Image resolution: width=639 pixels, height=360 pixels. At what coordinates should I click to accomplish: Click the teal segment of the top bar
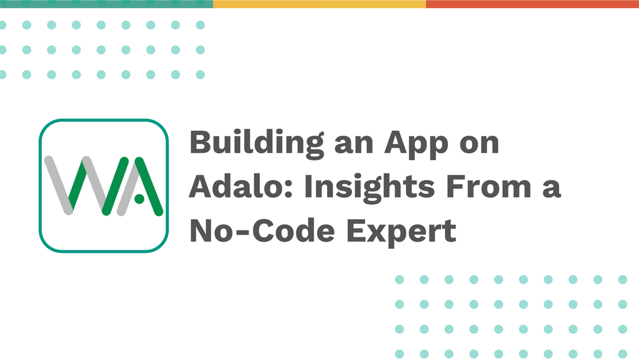click(106, 4)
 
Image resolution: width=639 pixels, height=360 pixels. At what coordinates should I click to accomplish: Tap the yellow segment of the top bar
click(319, 4)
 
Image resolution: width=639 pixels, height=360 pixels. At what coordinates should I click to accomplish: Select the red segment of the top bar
click(532, 4)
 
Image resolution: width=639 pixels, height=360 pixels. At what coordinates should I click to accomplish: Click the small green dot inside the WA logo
click(138, 200)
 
